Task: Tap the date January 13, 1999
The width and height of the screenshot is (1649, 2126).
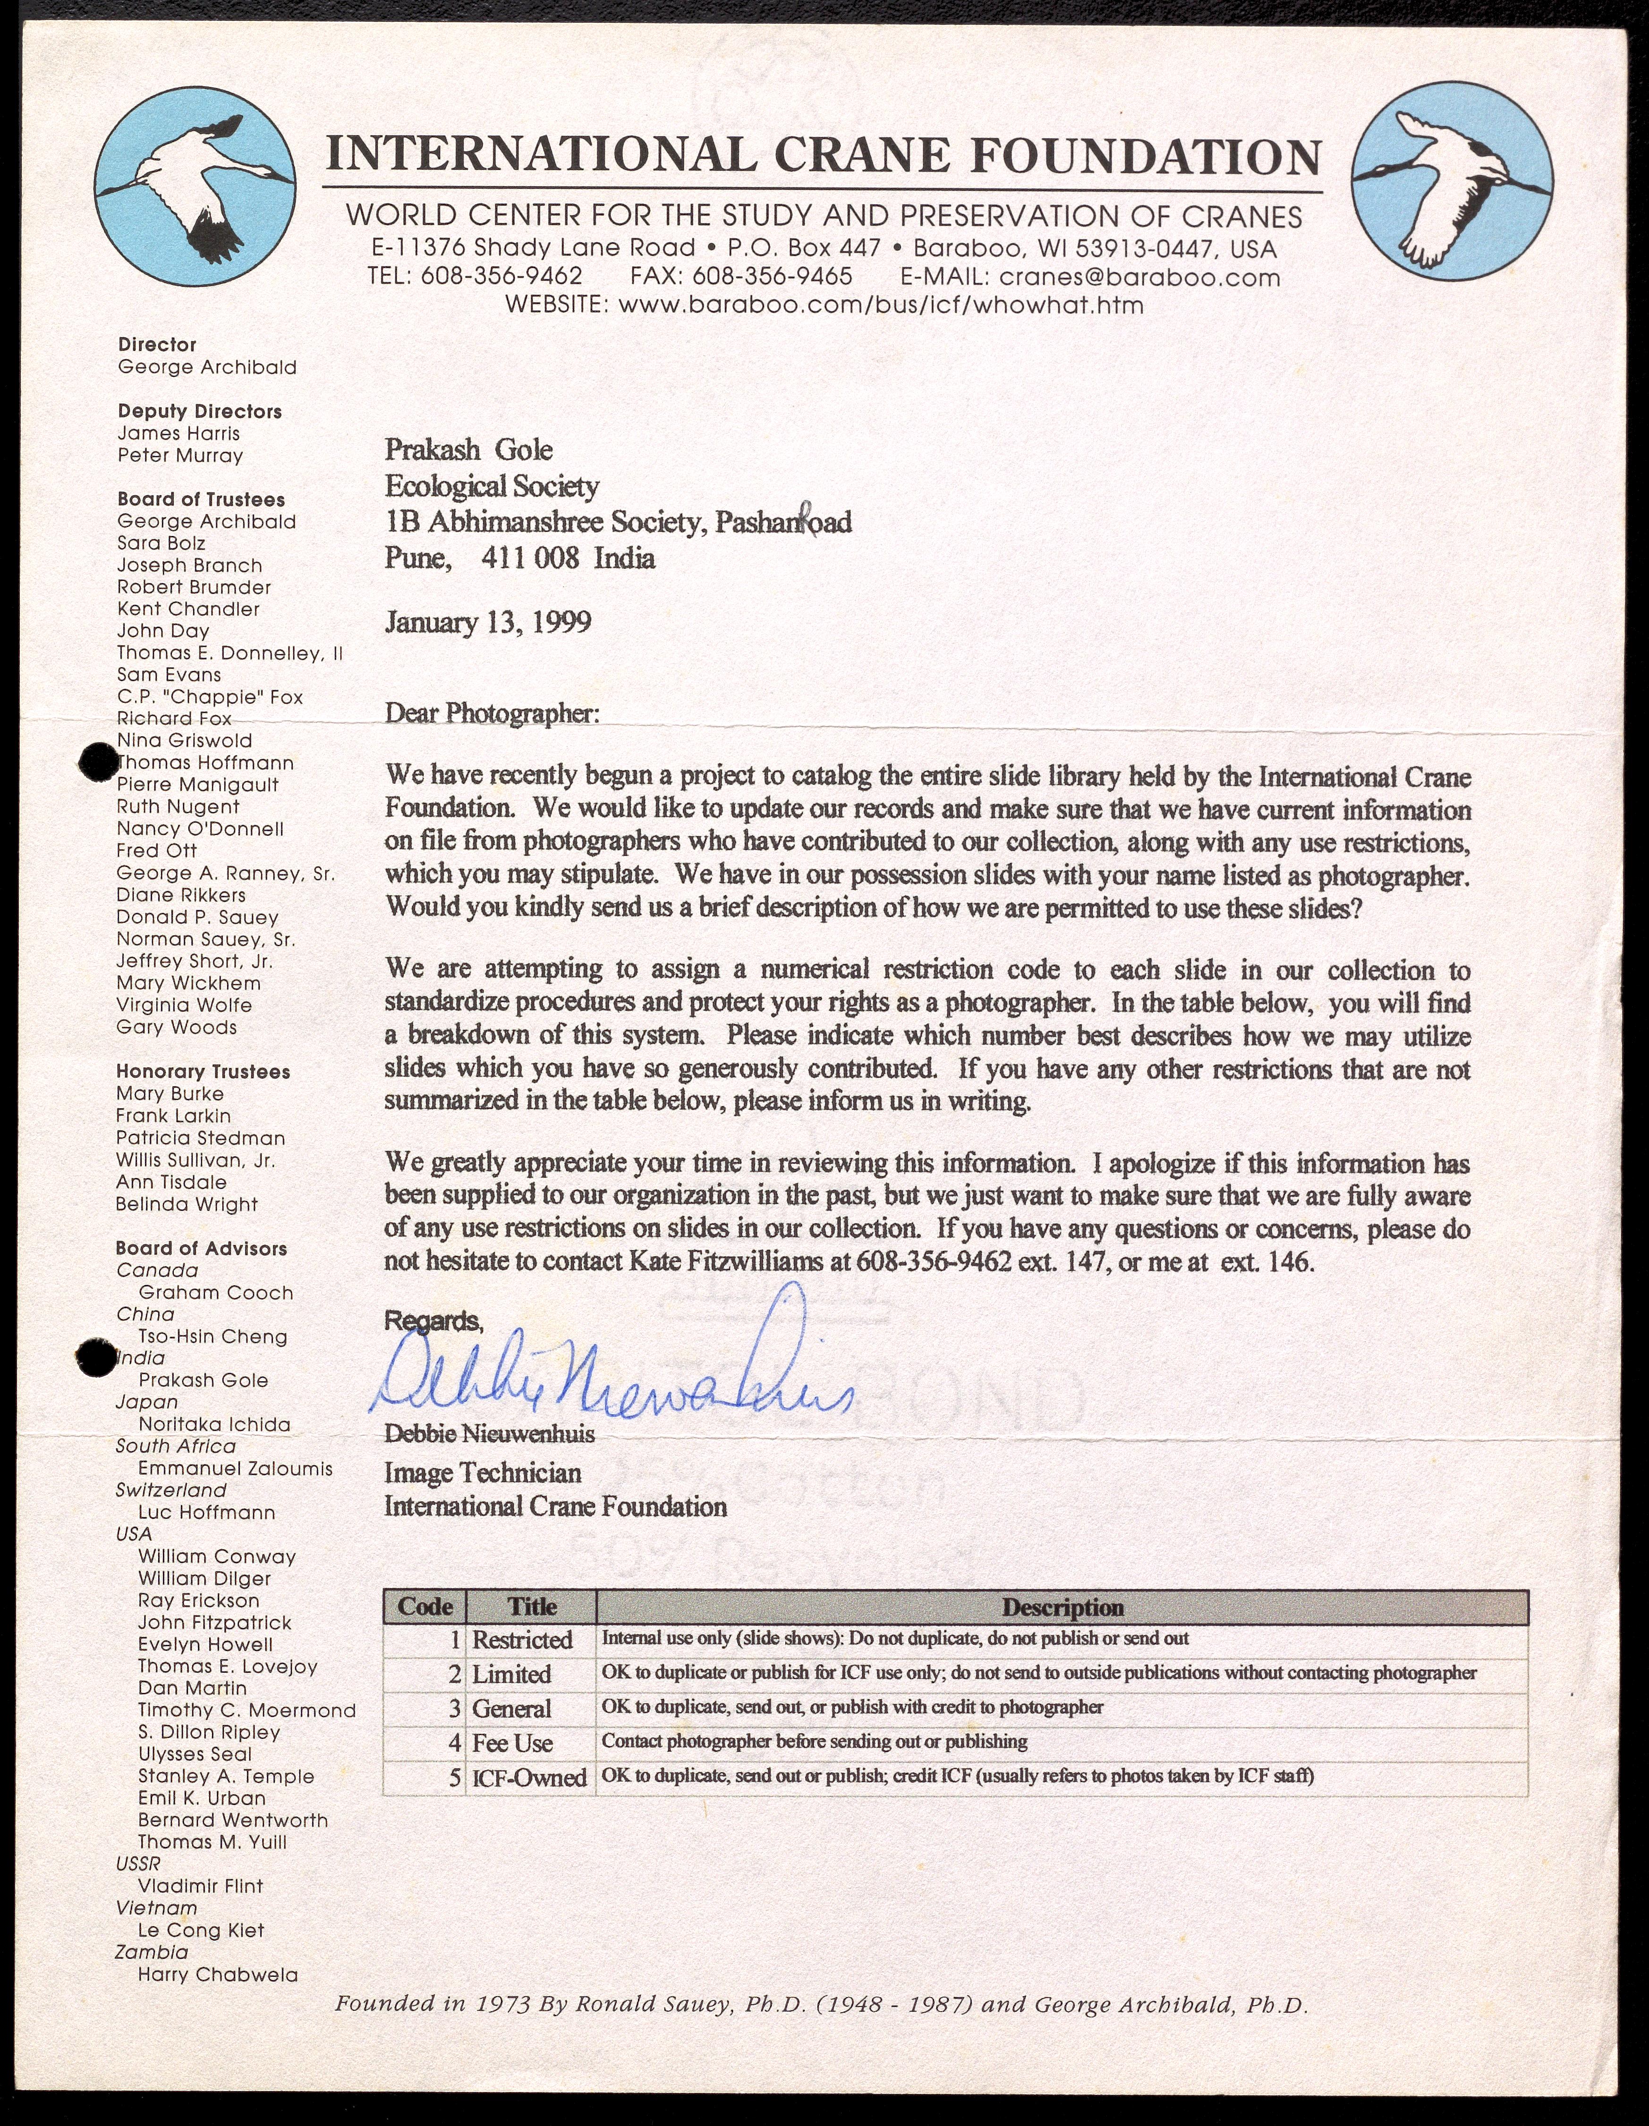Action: tap(488, 623)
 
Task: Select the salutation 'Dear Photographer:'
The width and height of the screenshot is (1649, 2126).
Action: tap(493, 714)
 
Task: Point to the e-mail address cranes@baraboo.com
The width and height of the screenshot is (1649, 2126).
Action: tap(1139, 277)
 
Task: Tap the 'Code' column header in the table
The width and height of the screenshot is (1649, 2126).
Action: tap(425, 1606)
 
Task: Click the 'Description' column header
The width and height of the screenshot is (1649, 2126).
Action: tap(1063, 1607)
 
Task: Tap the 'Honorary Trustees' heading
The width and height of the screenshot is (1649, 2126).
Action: tap(203, 1072)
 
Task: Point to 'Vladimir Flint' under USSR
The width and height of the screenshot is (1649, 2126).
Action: tap(201, 1886)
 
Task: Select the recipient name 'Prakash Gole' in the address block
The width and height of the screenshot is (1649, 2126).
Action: tap(468, 450)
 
